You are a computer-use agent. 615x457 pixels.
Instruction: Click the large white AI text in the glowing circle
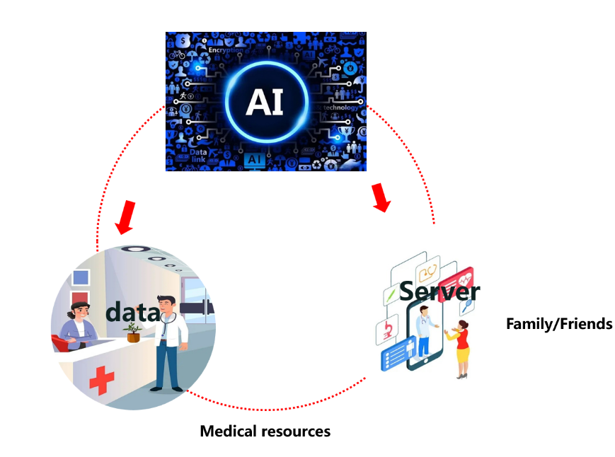pyautogui.click(x=265, y=101)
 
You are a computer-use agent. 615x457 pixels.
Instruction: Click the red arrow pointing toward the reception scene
pyautogui.click(x=127, y=216)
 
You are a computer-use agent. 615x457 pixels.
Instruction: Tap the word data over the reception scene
pyautogui.click(x=133, y=312)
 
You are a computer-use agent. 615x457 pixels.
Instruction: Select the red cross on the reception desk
pyautogui.click(x=101, y=381)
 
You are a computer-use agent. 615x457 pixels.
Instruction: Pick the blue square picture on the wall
pyautogui.click(x=81, y=277)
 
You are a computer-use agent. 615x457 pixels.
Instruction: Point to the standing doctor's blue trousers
pyautogui.click(x=168, y=364)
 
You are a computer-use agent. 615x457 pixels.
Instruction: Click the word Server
pyautogui.click(x=439, y=290)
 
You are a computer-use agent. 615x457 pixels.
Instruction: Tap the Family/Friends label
pyautogui.click(x=558, y=324)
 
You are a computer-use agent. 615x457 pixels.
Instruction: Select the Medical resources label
pyautogui.click(x=265, y=431)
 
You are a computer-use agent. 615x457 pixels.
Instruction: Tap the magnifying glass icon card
pyautogui.click(x=467, y=306)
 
